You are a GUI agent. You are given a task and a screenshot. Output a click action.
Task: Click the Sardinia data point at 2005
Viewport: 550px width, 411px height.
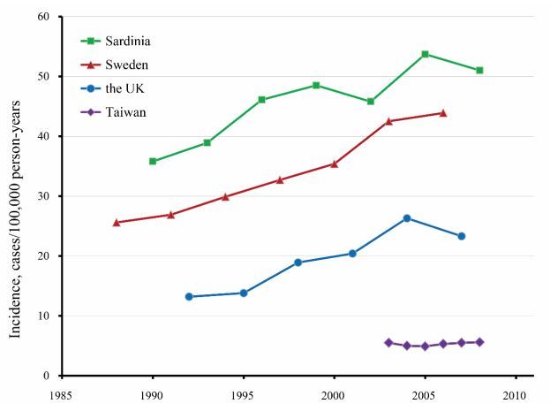point(425,54)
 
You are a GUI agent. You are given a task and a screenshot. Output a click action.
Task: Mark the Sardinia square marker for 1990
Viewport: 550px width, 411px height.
point(153,161)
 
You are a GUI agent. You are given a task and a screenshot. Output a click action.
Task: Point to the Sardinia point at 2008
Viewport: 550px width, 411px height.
point(479,70)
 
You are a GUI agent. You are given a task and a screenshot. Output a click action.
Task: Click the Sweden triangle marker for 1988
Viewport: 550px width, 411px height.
point(117,223)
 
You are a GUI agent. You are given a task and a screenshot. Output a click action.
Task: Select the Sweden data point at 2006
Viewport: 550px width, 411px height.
point(443,113)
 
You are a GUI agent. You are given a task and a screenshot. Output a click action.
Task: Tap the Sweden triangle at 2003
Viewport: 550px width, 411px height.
point(388,121)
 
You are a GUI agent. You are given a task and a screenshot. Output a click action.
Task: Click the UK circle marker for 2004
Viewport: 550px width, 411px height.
point(407,218)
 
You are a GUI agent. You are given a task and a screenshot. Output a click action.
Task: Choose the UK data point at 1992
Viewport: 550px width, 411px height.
point(189,297)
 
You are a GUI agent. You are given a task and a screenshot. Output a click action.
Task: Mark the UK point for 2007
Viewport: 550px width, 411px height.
point(462,236)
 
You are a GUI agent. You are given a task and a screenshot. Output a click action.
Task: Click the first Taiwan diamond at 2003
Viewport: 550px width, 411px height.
point(388,342)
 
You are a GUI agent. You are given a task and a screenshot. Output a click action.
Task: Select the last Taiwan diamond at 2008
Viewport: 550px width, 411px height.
point(479,342)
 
